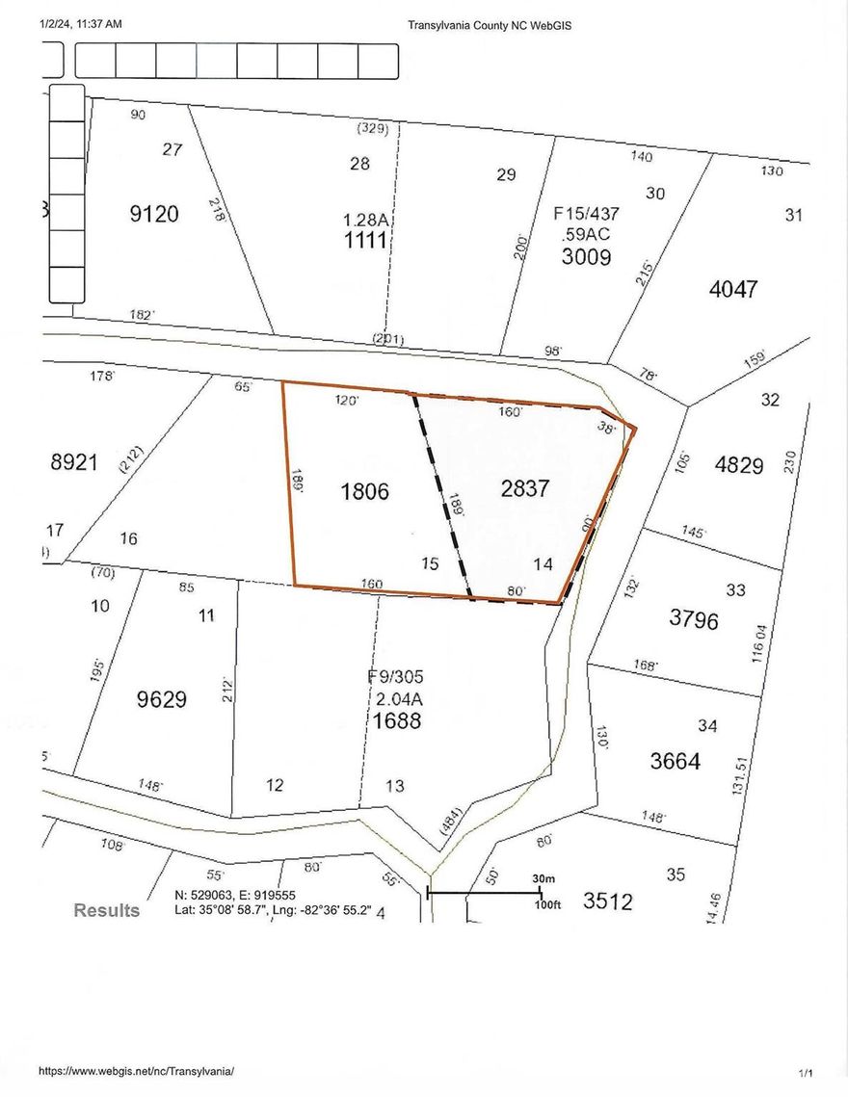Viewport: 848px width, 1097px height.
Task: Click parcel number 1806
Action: click(364, 491)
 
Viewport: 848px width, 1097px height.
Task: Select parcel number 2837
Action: click(525, 488)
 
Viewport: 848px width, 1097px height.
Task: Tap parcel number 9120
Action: click(154, 214)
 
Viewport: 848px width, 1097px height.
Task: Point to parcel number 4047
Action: click(733, 288)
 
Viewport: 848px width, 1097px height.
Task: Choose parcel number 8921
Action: click(74, 462)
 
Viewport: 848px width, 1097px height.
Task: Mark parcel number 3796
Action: click(694, 619)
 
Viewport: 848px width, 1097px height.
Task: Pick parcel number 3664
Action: click(676, 761)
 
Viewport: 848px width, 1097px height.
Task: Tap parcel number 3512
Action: click(608, 901)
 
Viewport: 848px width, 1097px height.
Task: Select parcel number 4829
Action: click(740, 464)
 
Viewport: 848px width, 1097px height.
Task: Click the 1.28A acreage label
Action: click(366, 221)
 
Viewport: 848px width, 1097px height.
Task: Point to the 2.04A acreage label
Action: click(396, 698)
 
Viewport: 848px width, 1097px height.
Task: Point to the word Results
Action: click(107, 910)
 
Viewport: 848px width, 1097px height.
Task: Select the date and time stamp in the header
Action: click(81, 25)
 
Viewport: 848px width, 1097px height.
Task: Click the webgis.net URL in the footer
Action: click(137, 1071)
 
